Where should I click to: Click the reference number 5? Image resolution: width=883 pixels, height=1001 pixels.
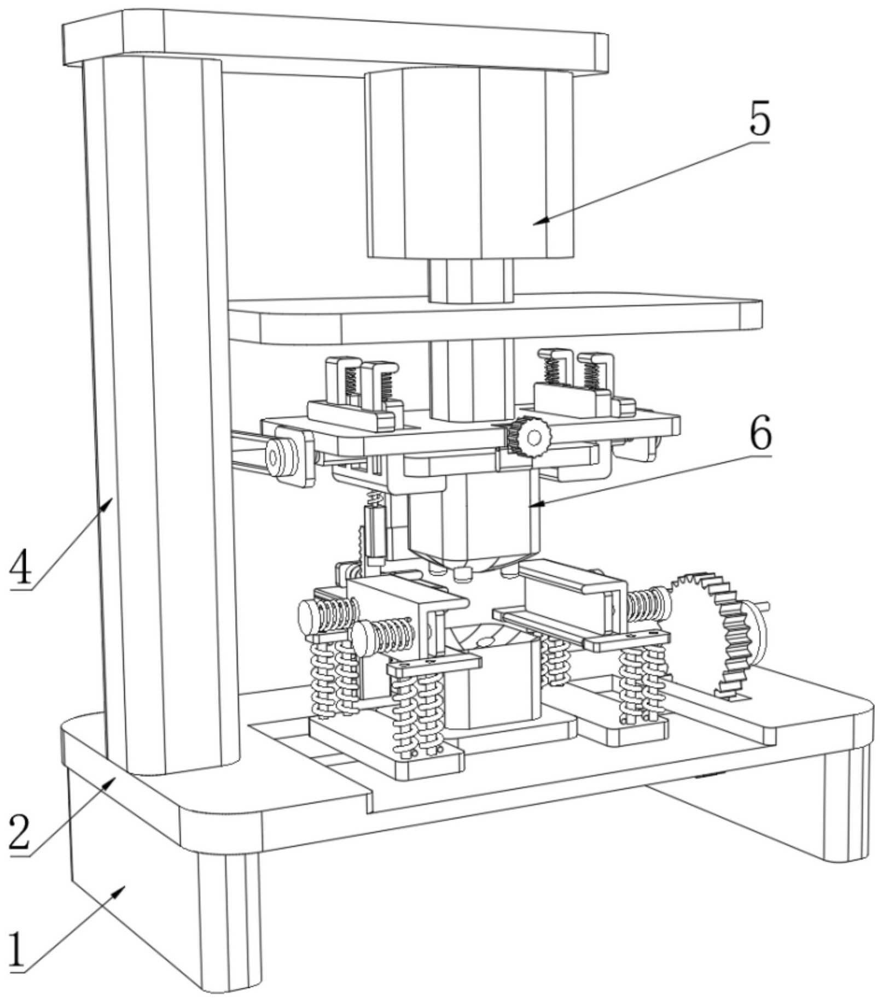759,120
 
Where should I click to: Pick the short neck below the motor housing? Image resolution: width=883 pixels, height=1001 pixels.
470,280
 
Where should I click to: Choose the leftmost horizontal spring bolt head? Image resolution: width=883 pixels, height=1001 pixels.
310,616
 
